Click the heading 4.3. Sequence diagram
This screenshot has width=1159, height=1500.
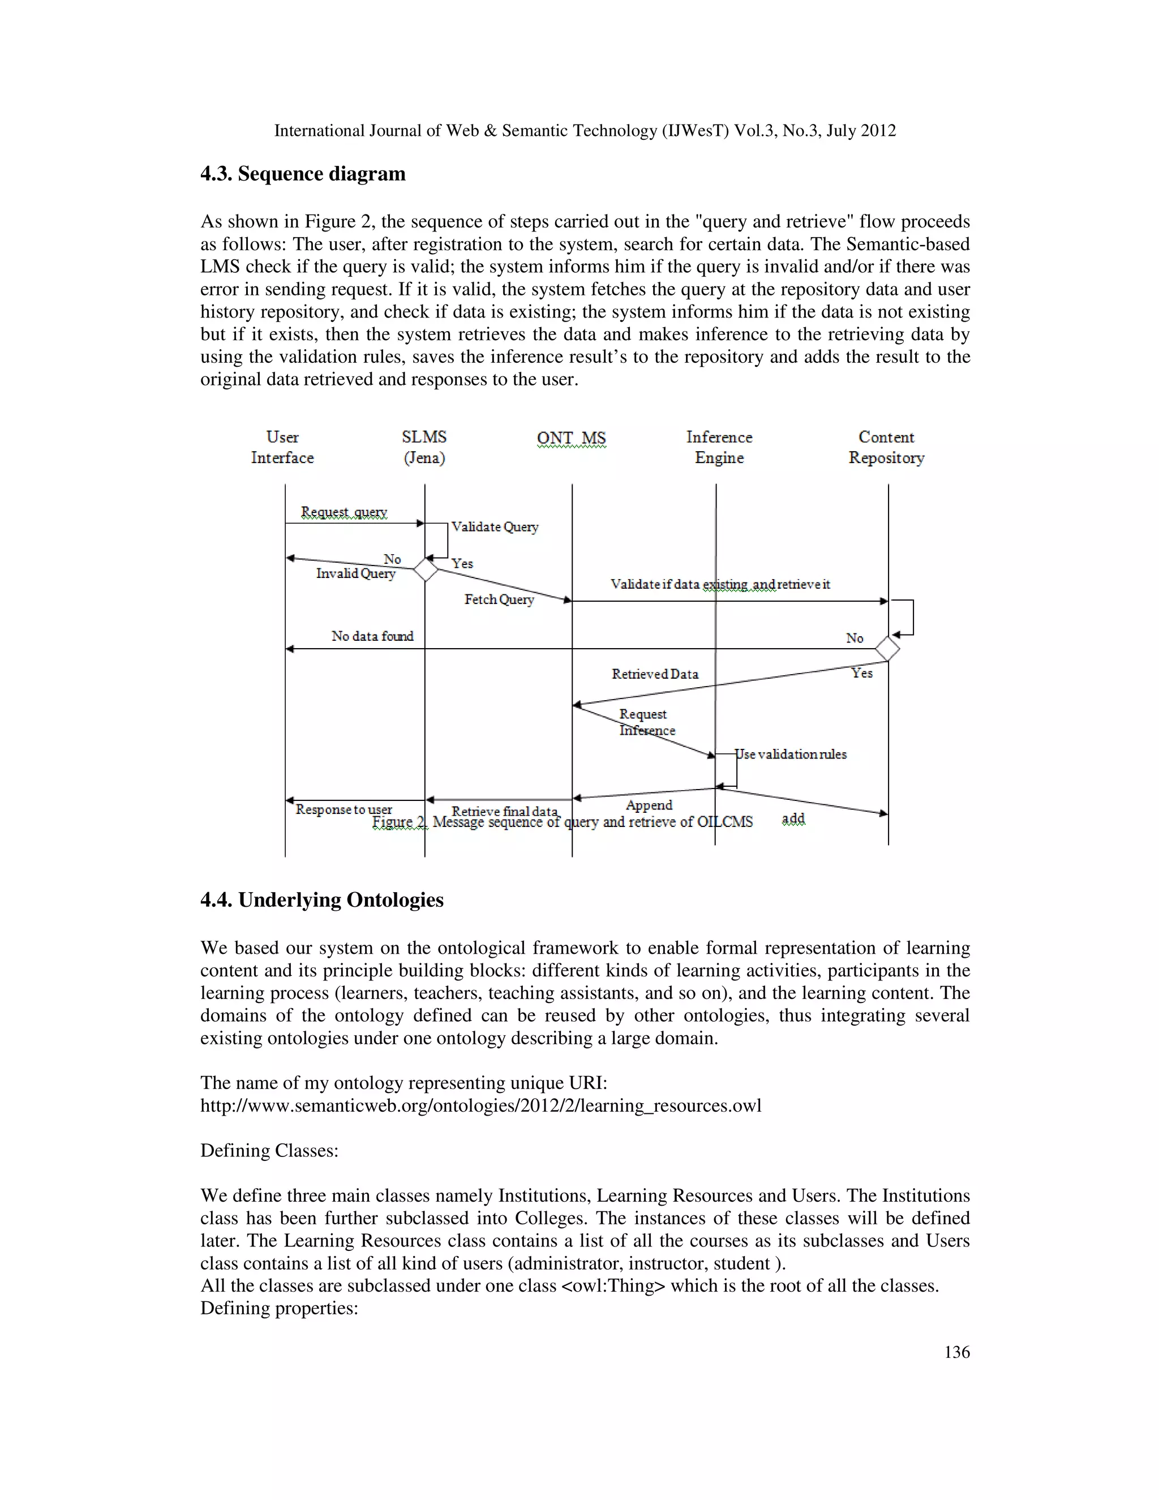pyautogui.click(x=303, y=174)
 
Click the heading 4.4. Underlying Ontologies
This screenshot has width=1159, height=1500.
pyautogui.click(x=322, y=900)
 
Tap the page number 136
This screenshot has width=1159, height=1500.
pyautogui.click(x=956, y=1352)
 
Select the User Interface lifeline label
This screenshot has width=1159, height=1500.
pyautogui.click(x=282, y=447)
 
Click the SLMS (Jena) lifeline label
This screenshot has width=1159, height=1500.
pyautogui.click(x=424, y=447)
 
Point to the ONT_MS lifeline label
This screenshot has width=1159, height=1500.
pyautogui.click(x=571, y=438)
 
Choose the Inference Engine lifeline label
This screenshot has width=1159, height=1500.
pyautogui.click(x=719, y=447)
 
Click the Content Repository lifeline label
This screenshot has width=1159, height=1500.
pyautogui.click(x=886, y=447)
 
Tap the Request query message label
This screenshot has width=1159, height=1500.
pyautogui.click(x=344, y=512)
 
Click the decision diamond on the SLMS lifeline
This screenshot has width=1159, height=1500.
pyautogui.click(x=426, y=569)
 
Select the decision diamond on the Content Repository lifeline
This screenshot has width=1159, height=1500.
pyautogui.click(x=888, y=648)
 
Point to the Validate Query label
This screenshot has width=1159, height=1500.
pyautogui.click(x=495, y=527)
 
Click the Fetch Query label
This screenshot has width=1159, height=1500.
pyautogui.click(x=499, y=599)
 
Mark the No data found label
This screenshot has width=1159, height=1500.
pyautogui.click(x=372, y=636)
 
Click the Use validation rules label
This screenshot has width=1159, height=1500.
pyautogui.click(x=791, y=754)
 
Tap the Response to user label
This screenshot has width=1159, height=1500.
pyautogui.click(x=344, y=810)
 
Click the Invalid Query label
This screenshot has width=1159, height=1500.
pyautogui.click(x=355, y=573)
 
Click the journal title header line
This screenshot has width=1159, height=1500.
pyautogui.click(x=585, y=131)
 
